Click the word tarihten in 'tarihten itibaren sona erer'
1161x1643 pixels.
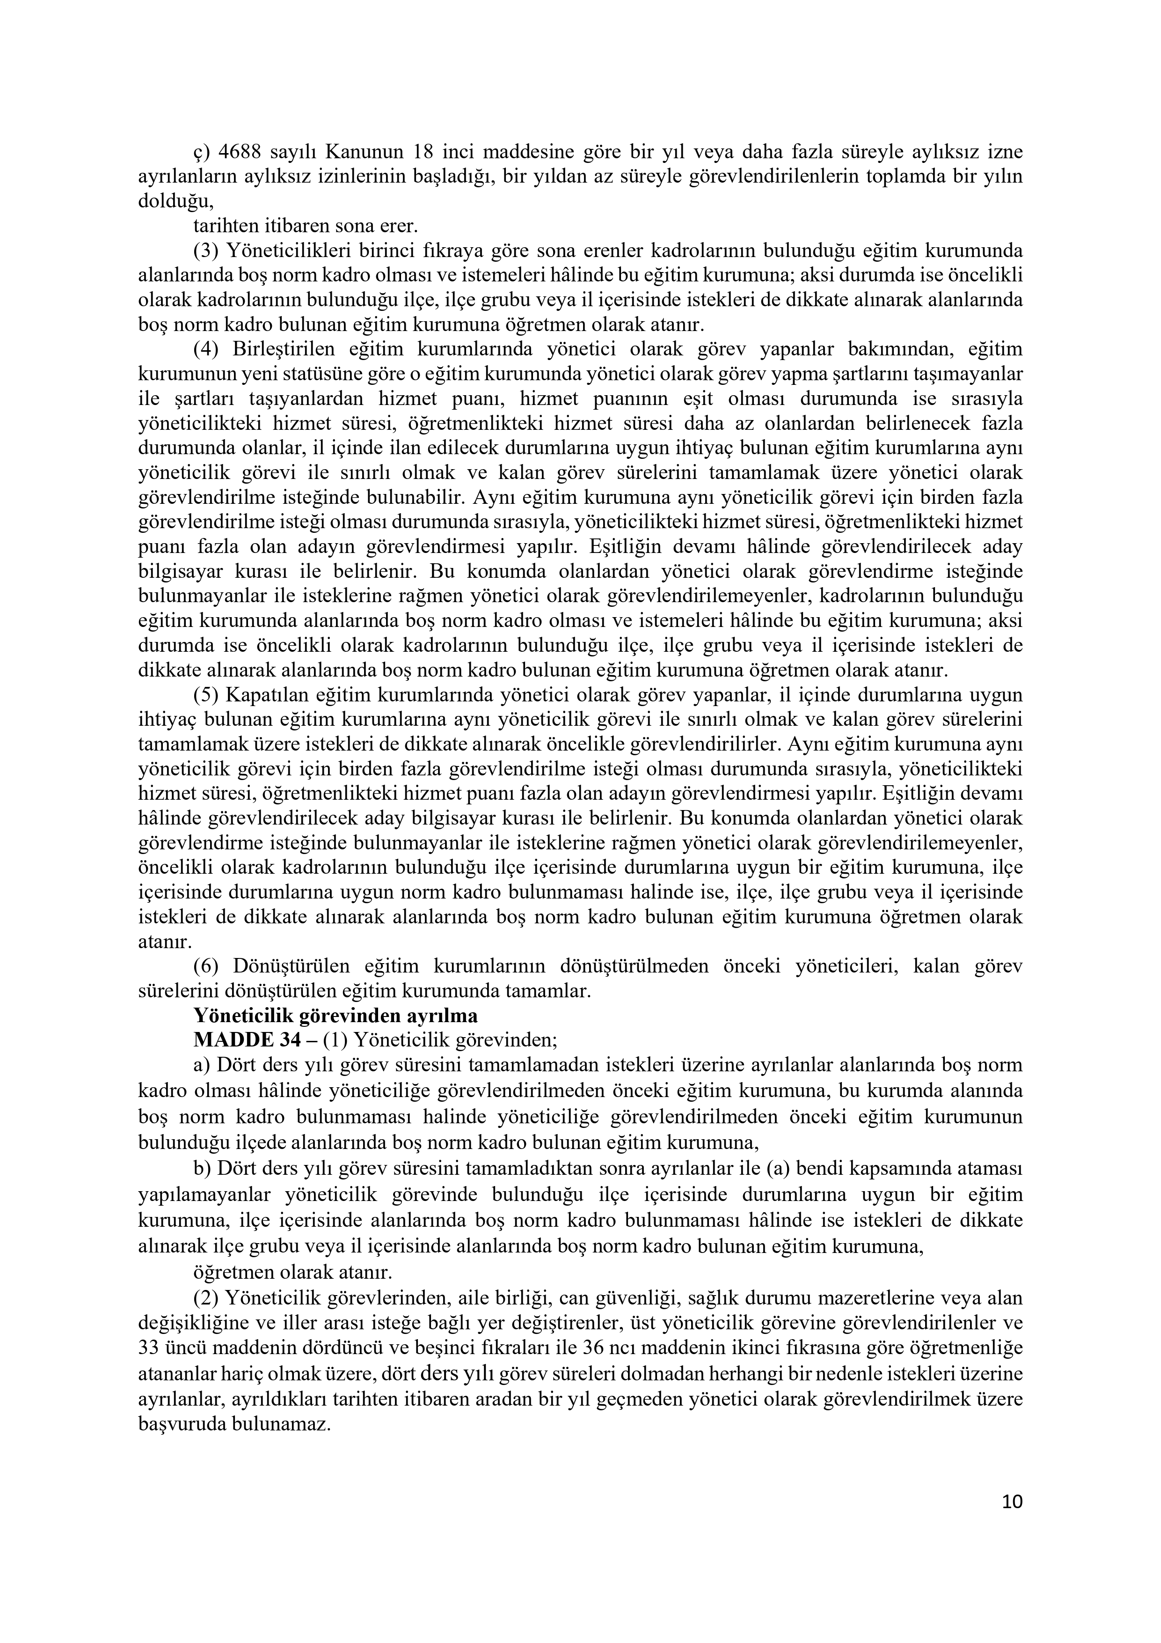[x=222, y=226]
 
